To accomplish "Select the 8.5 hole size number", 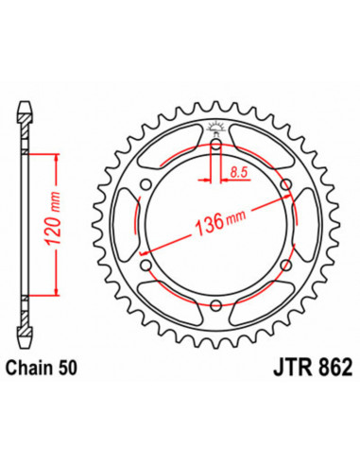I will coord(239,170).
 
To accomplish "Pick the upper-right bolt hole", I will coord(288,184).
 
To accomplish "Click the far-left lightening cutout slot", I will coord(129,224).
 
